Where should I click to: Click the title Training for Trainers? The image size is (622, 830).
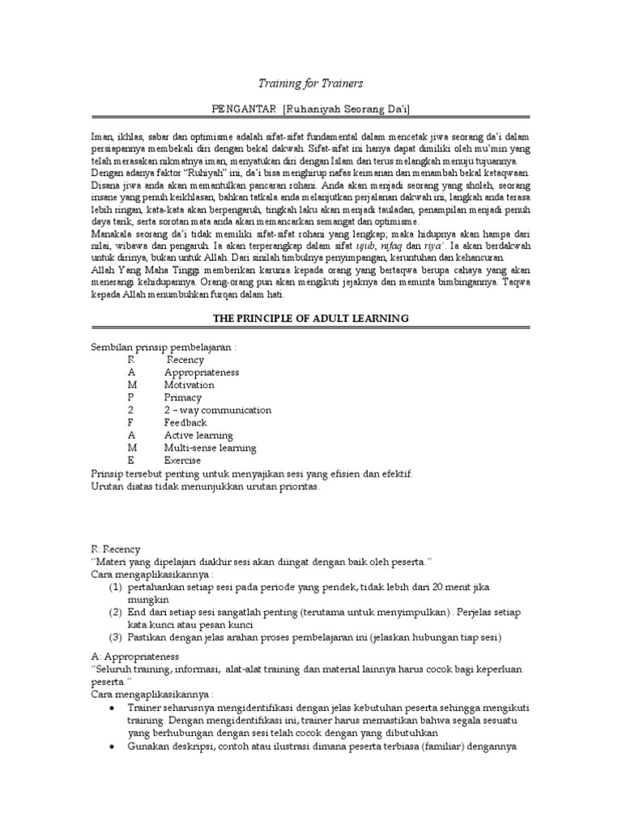(311, 83)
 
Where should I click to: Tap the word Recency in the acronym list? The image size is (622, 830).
(185, 360)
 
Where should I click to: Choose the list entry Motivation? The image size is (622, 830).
(189, 385)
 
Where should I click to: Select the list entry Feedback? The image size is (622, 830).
(185, 422)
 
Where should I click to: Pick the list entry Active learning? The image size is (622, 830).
(198, 435)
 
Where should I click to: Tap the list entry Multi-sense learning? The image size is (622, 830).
(210, 447)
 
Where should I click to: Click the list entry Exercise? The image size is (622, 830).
(183, 460)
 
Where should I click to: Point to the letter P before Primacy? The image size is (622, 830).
(130, 398)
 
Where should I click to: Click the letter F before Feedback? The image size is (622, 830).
(130, 422)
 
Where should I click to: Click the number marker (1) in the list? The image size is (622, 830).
(116, 586)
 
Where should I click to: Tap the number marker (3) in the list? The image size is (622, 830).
(116, 637)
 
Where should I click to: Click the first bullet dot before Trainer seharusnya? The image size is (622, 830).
(111, 708)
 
